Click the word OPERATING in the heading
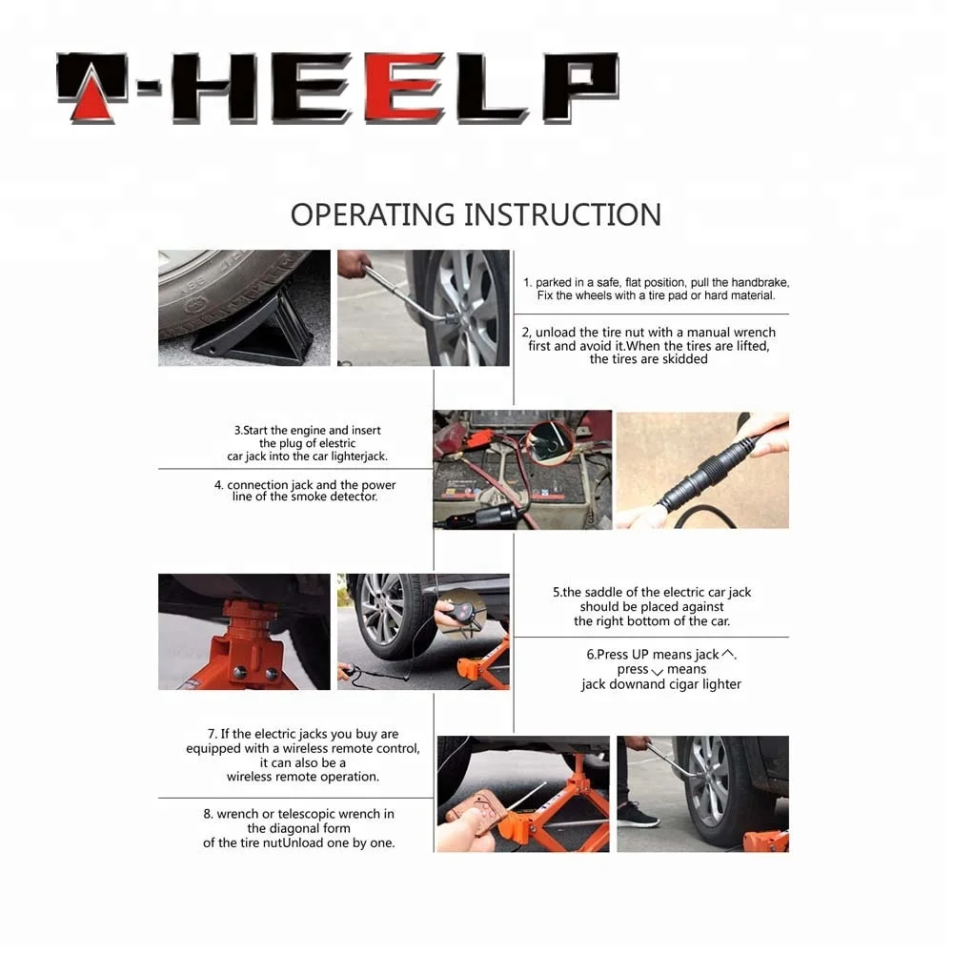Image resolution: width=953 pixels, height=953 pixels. [372, 214]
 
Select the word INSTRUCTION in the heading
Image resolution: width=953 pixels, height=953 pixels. [563, 214]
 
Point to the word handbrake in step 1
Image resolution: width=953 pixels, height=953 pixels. [760, 282]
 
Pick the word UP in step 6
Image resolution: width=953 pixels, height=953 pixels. [640, 655]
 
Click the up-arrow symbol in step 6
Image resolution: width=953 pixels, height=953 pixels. [727, 654]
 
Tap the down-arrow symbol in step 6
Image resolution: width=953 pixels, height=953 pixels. [657, 672]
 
